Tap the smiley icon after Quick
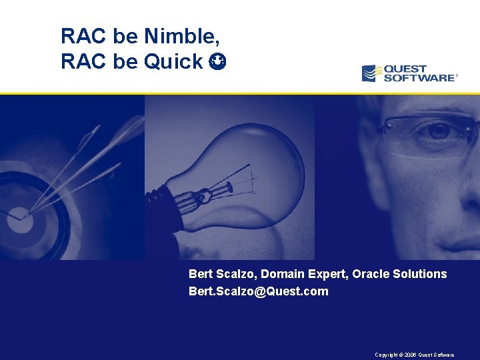[x=217, y=62]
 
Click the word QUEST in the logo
[x=407, y=68]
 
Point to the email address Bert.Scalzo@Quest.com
[x=259, y=291]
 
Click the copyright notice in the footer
[x=415, y=355]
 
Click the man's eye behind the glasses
[x=439, y=131]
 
